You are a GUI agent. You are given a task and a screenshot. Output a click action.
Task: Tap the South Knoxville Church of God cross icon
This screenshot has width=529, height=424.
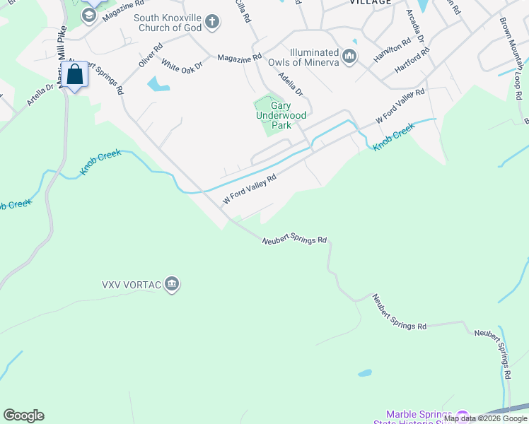pyautogui.click(x=212, y=23)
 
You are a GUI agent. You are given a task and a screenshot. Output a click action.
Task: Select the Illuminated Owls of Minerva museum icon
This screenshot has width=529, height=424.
pyautogui.click(x=349, y=56)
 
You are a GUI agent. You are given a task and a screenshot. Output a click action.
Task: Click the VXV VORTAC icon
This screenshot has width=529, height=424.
pyautogui.click(x=172, y=285)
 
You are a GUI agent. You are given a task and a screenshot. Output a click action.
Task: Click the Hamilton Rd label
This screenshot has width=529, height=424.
pyautogui.click(x=393, y=49)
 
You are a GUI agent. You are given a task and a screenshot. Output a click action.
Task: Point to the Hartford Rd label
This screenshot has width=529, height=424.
pyautogui.click(x=412, y=60)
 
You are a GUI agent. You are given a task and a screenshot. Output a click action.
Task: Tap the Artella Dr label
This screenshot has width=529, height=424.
pyautogui.click(x=40, y=95)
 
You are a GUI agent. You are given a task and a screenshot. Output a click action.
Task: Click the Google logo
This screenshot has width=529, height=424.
pyautogui.click(x=23, y=416)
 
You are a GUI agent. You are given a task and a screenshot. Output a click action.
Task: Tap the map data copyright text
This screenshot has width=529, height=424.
pyautogui.click(x=485, y=418)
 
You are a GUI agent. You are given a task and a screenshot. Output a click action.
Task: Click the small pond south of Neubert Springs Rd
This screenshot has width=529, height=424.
pyautogui.click(x=365, y=372)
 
